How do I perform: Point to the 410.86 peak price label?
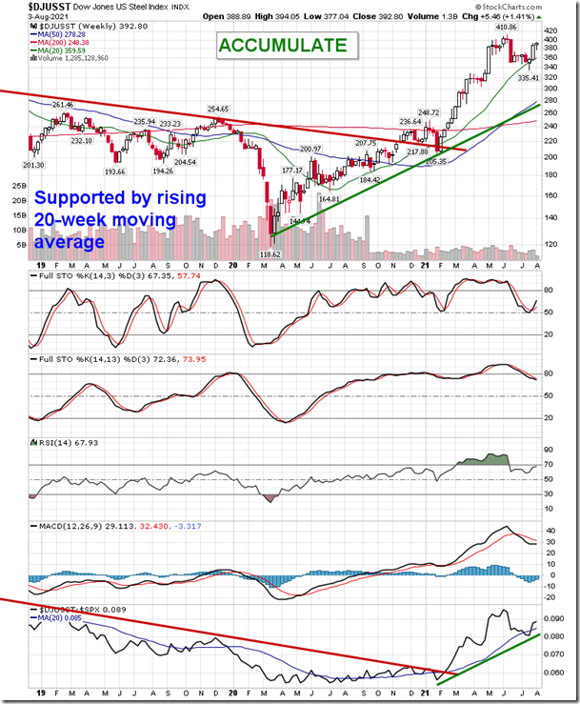(504, 28)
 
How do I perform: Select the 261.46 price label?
(62, 105)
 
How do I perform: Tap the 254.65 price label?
(220, 110)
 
